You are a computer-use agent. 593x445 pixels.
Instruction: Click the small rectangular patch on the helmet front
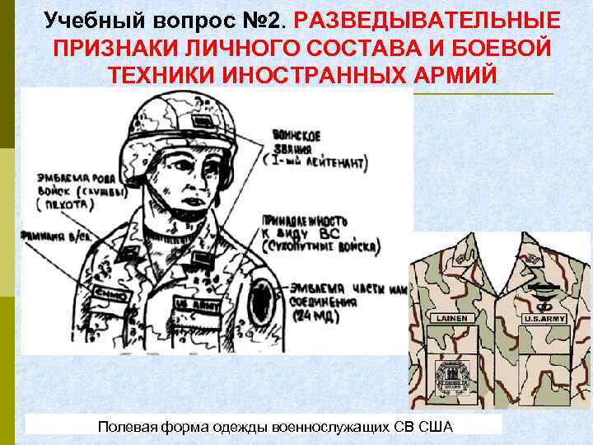click(x=200, y=121)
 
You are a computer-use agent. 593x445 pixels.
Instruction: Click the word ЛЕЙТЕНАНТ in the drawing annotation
click(x=334, y=165)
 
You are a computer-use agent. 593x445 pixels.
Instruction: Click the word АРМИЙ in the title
click(x=448, y=73)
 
